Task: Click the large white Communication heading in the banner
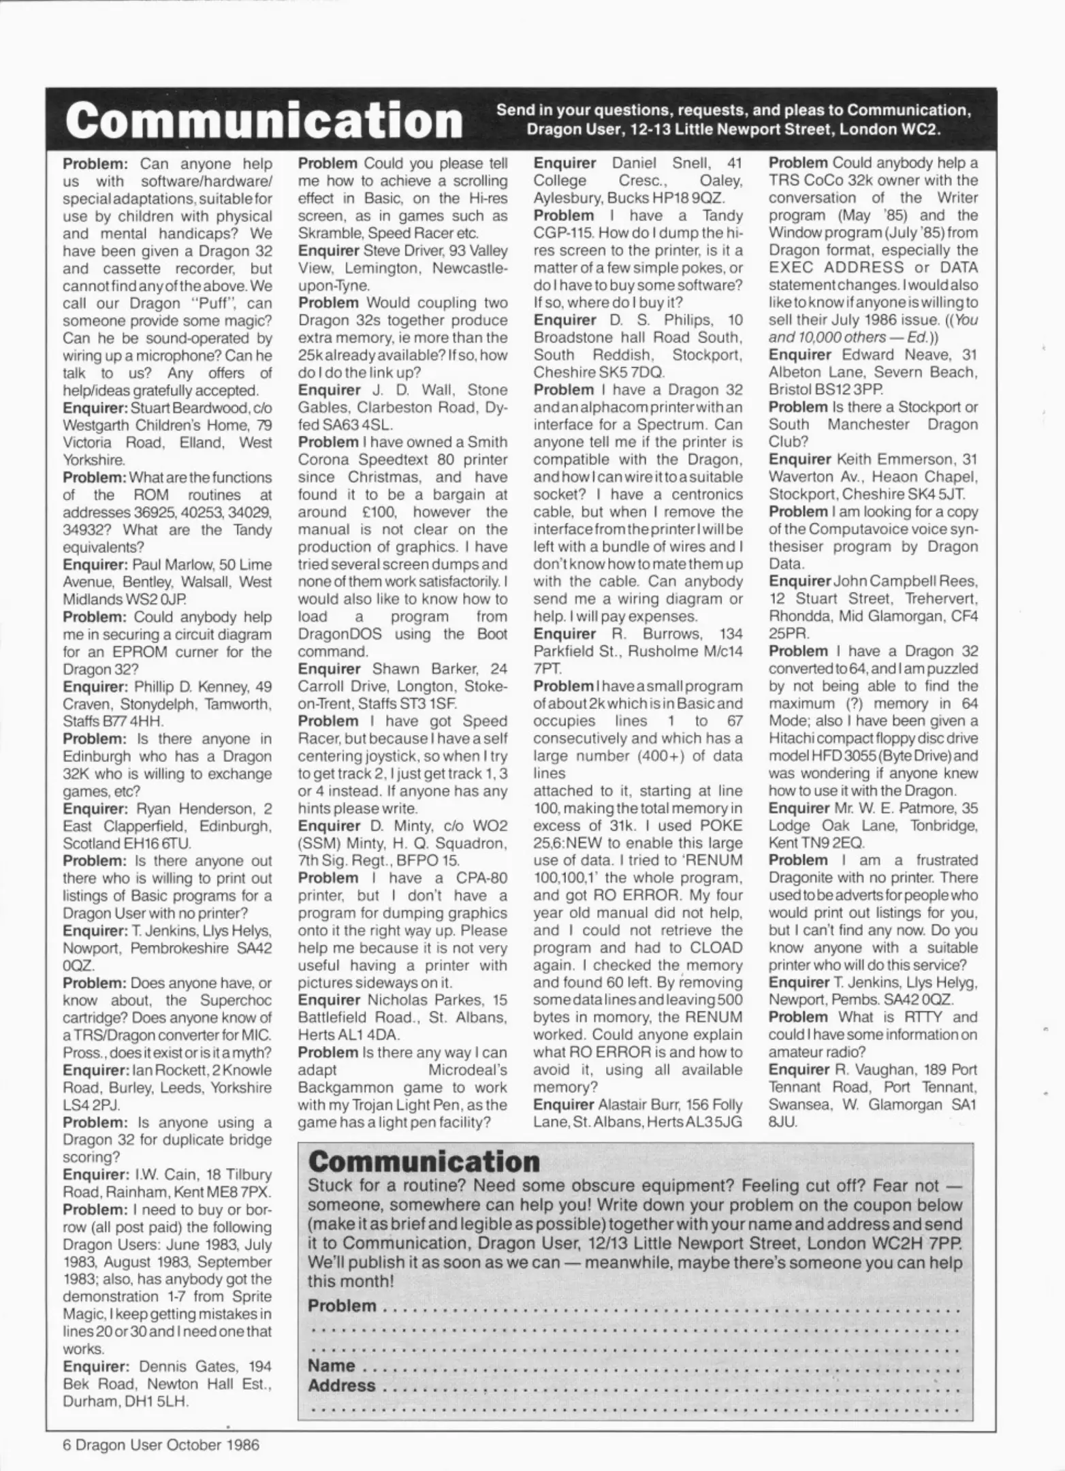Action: click(x=264, y=121)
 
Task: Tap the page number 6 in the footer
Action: click(x=67, y=1444)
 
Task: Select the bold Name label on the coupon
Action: click(x=332, y=1365)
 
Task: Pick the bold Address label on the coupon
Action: click(x=342, y=1385)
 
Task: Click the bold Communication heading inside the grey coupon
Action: click(x=424, y=1162)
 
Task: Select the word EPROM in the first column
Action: click(x=162, y=652)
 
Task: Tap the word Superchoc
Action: click(x=236, y=1000)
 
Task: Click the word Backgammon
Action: click(x=359, y=1088)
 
